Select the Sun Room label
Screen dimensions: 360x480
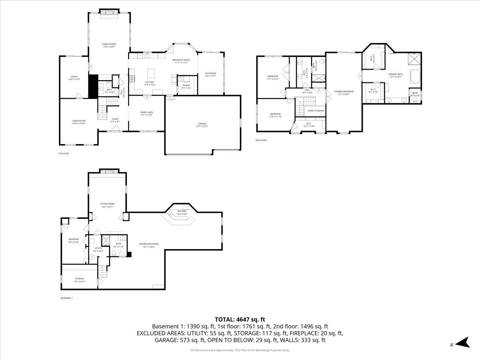[210, 73]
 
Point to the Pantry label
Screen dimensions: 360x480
[186, 85]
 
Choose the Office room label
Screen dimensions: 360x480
[74, 76]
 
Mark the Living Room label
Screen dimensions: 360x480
[79, 120]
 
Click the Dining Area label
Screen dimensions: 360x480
[146, 112]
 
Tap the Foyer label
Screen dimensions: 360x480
[115, 119]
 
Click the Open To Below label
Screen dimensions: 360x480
[316, 110]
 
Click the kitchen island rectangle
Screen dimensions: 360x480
[151, 73]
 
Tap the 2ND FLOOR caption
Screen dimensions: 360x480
[261, 140]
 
